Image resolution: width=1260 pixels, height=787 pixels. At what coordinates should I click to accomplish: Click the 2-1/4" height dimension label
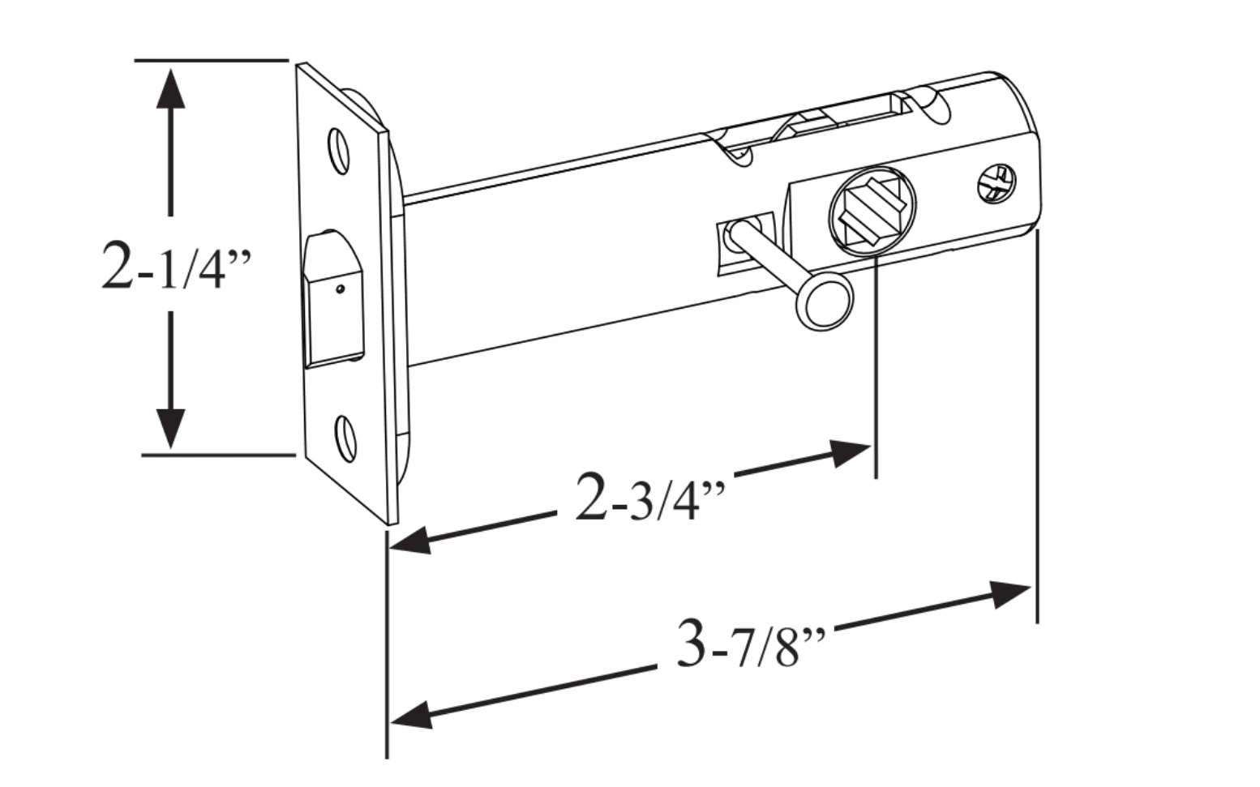point(176,266)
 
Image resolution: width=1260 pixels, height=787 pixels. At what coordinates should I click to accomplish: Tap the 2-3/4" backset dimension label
point(650,498)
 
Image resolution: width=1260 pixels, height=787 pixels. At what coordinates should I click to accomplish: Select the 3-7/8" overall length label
point(751,643)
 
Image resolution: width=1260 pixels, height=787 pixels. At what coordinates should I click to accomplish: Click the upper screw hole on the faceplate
point(339,152)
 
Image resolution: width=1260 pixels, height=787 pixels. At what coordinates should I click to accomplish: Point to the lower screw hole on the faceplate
point(345,439)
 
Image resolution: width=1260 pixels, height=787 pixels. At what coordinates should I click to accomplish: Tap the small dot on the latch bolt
point(340,289)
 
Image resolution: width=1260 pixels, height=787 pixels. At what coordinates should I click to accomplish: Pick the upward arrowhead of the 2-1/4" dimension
point(170,88)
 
